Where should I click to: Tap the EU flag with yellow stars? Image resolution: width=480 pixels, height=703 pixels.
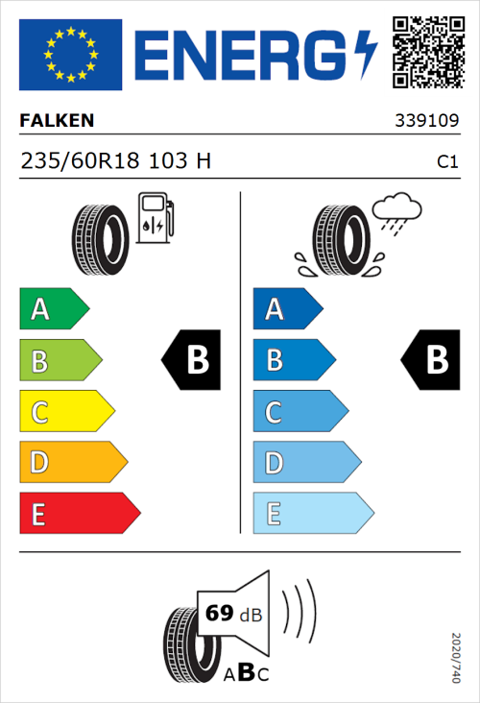pos(70,55)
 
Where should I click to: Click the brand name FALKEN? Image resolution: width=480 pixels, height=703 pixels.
pos(57,122)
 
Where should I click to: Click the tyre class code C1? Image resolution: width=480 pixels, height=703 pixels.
pos(446,162)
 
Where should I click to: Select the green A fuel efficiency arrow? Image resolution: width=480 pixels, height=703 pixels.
pos(53,309)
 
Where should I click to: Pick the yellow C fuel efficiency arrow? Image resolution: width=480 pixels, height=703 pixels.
pos(65,412)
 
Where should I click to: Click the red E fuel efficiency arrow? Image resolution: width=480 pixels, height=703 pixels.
pos(79,514)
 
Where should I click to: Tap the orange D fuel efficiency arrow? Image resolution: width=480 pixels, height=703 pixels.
pos(72,463)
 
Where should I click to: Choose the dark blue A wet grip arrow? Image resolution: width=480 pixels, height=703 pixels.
pos(286,309)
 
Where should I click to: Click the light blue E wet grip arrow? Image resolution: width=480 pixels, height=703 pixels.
pos(312,514)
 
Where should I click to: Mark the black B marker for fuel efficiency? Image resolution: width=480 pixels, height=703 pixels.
pos(192,360)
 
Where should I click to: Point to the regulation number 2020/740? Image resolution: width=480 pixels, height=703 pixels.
pos(456,657)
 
